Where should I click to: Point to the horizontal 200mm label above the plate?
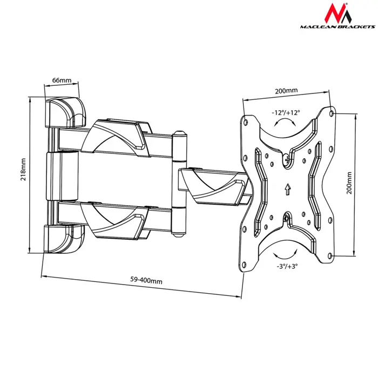(x=286, y=91)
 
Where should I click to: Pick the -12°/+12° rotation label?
(x=286, y=113)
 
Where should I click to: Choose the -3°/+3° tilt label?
(x=286, y=266)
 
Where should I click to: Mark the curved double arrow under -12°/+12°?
(x=285, y=124)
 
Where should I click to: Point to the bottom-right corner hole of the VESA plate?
(x=331, y=257)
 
